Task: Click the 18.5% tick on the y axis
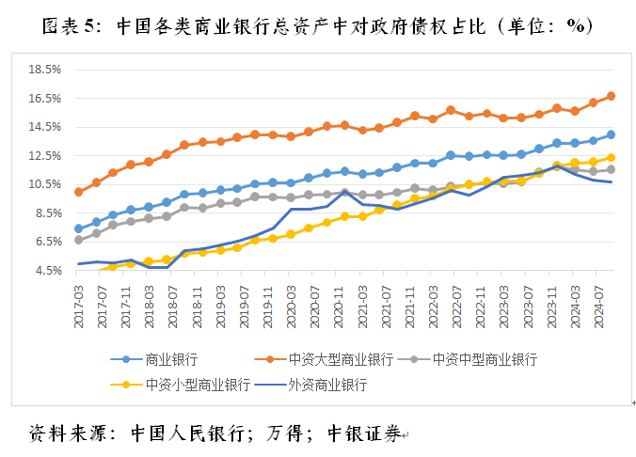[x=46, y=70]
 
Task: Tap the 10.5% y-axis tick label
[x=46, y=184]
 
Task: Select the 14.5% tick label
[x=46, y=127]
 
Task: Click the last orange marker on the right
[x=611, y=96]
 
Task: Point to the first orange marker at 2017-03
[x=78, y=192]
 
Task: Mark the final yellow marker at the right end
[x=611, y=158]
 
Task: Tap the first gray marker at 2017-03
[x=78, y=240]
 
